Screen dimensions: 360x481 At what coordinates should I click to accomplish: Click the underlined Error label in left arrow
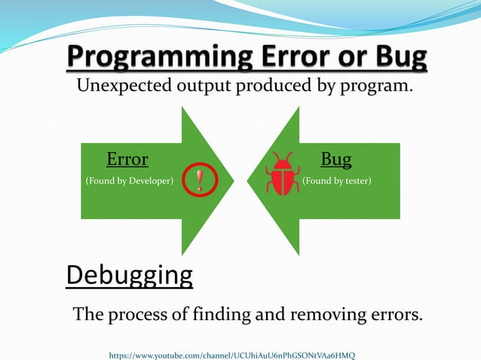pyautogui.click(x=127, y=159)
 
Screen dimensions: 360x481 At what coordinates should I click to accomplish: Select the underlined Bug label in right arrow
pyautogui.click(x=336, y=159)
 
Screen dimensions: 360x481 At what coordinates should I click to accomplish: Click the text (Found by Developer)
pyautogui.click(x=129, y=182)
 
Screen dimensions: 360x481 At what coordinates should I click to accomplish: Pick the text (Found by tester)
pyautogui.click(x=336, y=182)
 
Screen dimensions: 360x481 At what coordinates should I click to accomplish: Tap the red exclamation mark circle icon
pyautogui.click(x=200, y=179)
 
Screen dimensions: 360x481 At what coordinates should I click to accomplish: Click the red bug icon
pyautogui.click(x=283, y=175)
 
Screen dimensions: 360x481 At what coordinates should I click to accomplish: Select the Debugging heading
pyautogui.click(x=129, y=275)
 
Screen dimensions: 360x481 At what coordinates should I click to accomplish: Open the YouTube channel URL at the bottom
pyautogui.click(x=232, y=354)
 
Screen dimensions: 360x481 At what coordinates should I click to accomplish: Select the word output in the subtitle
pyautogui.click(x=201, y=87)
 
